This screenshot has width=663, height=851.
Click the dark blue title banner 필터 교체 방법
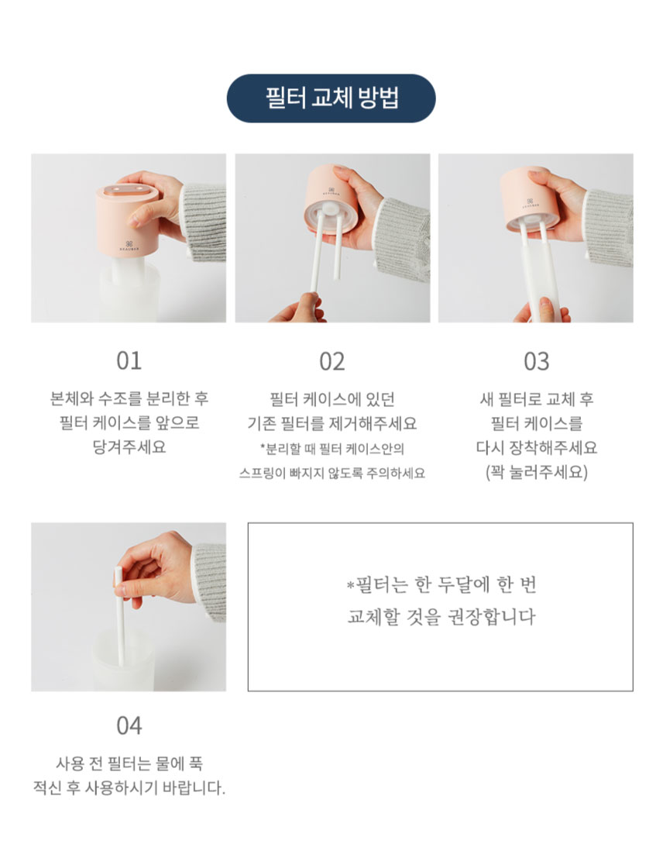pyautogui.click(x=331, y=98)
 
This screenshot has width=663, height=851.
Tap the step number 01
pyautogui.click(x=129, y=361)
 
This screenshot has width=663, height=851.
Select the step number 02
pyautogui.click(x=332, y=361)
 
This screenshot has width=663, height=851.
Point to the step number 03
pyautogui.click(x=537, y=361)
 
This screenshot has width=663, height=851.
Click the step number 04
pyautogui.click(x=129, y=725)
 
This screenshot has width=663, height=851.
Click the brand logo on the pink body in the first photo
pyautogui.click(x=129, y=245)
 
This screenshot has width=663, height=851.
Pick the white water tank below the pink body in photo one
pyautogui.click(x=129, y=291)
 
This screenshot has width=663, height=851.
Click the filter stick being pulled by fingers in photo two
pyautogui.click(x=316, y=253)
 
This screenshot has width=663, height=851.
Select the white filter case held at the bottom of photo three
pyautogui.click(x=537, y=282)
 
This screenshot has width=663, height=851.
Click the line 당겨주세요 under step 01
pyautogui.click(x=129, y=446)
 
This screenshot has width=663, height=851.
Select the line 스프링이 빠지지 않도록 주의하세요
pyautogui.click(x=332, y=474)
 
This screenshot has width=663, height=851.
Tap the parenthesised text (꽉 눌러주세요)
pyautogui.click(x=537, y=472)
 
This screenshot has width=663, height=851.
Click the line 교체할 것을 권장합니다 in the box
pyautogui.click(x=441, y=616)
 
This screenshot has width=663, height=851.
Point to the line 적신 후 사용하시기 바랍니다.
pyautogui.click(x=129, y=787)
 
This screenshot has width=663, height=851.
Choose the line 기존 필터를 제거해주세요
pyautogui.click(x=332, y=422)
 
